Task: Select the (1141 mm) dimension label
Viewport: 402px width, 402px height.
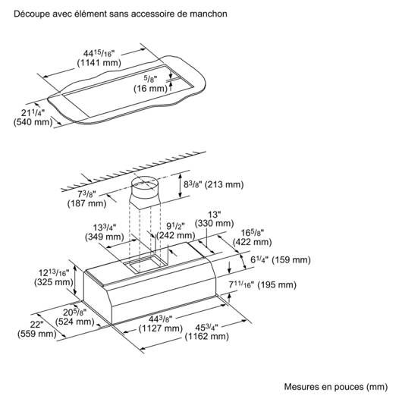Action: coord(99,63)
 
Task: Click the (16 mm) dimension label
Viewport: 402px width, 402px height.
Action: coord(150,89)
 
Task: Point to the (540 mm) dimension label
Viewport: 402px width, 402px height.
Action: coord(33,122)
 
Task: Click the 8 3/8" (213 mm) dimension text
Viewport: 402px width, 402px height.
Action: coord(214,184)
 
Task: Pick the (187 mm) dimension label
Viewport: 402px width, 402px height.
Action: coord(87,203)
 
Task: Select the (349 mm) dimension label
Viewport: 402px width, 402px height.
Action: coord(105,237)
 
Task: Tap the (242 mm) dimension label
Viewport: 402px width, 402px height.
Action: coord(176,235)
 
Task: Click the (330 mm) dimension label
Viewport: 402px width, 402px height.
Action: coord(215,223)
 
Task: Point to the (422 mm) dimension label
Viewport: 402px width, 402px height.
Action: coord(253,242)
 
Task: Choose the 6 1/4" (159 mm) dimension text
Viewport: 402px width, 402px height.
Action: coord(281,260)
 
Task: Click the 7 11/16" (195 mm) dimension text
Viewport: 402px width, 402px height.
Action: coord(262,285)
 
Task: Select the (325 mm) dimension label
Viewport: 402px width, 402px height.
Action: coord(54,282)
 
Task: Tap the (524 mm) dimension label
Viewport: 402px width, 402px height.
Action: coord(75,322)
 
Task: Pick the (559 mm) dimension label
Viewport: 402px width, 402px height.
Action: coord(37,334)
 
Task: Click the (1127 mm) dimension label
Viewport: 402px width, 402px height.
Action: coord(161,328)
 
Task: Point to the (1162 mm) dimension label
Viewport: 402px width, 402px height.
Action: coord(206,337)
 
